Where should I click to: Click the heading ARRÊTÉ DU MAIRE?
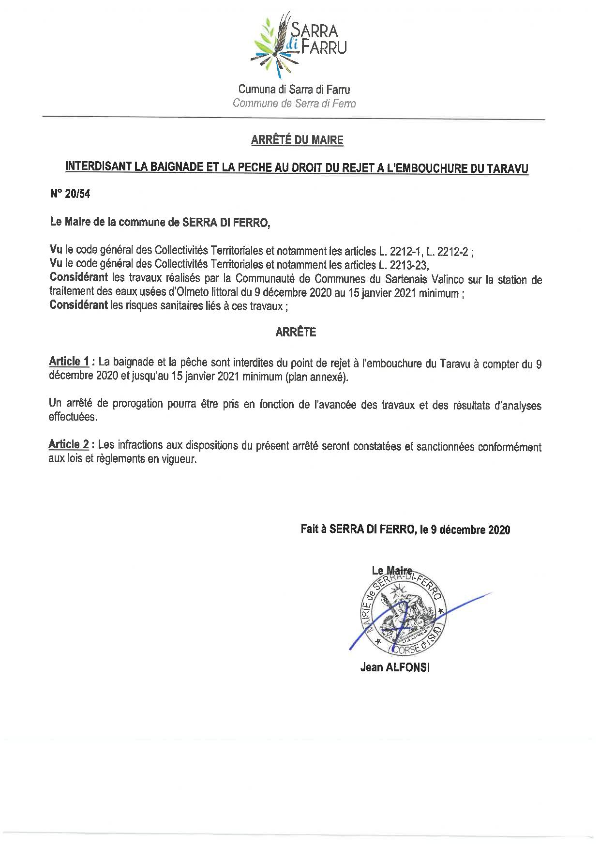(x=297, y=140)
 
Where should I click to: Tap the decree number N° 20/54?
(x=70, y=194)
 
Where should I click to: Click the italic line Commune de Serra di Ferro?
(x=294, y=104)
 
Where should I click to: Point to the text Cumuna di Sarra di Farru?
(x=294, y=90)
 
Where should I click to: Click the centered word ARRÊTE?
(x=296, y=333)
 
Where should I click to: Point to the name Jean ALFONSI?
(x=395, y=667)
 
